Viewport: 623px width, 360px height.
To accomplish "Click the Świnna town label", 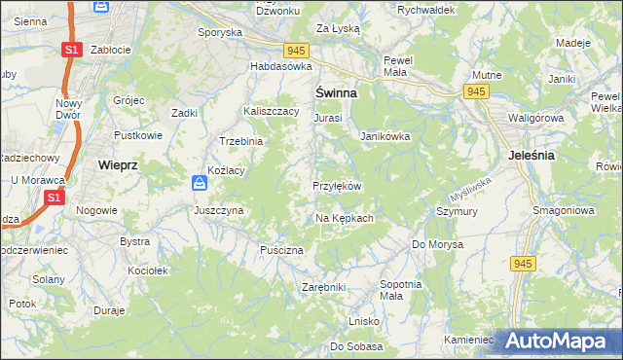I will (335, 92).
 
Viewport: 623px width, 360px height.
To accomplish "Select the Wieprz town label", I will (118, 165).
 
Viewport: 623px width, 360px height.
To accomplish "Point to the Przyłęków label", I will (337, 186).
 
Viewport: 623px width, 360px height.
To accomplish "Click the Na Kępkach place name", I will (345, 218).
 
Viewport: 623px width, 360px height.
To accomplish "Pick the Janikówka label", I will (385, 137).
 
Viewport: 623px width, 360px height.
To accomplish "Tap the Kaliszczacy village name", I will (271, 112).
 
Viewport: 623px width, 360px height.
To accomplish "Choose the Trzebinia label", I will (241, 141).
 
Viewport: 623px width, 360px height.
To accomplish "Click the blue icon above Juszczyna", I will (199, 183).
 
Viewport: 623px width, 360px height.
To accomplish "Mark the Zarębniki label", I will (324, 288).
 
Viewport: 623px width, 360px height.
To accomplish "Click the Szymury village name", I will (456, 211).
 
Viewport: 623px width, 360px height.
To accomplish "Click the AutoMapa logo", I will (554, 340).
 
